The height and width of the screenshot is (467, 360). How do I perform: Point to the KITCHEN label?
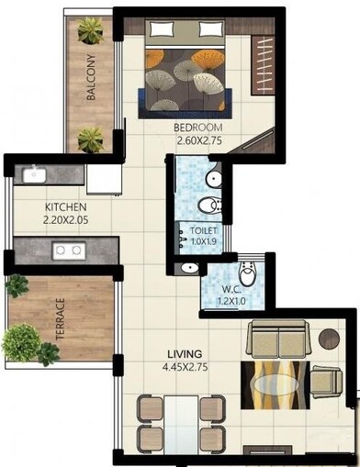65,207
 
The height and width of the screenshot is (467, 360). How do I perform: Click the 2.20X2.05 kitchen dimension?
65,220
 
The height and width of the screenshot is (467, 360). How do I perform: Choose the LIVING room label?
185,353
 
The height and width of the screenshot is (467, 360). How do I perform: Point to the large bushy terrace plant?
19,343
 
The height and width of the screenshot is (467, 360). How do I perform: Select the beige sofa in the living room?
279,341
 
